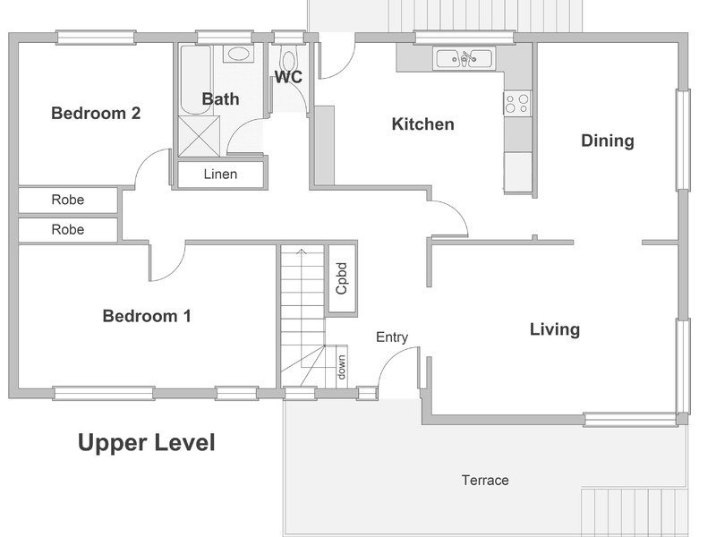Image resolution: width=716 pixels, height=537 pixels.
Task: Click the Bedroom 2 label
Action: point(96,113)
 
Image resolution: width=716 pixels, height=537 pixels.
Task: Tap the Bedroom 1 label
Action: point(147,316)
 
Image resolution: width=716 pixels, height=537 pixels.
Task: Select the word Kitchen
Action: point(422,124)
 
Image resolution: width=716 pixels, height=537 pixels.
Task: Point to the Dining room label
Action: point(608,141)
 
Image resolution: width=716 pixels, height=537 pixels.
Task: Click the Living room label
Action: point(555,329)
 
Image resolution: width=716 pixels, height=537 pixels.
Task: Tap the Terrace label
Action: point(485,480)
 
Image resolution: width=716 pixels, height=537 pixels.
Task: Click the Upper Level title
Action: point(146,442)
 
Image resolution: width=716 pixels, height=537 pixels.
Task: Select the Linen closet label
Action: point(220,174)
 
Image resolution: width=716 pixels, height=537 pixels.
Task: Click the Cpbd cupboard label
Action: point(342,278)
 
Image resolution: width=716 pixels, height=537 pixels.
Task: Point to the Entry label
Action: point(392,337)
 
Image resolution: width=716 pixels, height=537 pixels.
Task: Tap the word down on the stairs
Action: point(341,367)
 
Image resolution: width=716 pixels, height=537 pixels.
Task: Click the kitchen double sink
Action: point(464,59)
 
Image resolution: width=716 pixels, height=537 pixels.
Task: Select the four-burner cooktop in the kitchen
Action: point(517,104)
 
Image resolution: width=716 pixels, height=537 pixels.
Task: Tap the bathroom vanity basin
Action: point(238,54)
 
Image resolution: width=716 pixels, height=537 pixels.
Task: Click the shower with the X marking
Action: point(199,136)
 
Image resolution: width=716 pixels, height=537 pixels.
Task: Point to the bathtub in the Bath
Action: point(195,80)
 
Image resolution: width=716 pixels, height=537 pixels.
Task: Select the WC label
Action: point(288,77)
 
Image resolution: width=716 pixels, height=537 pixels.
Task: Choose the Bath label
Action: point(220,98)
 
